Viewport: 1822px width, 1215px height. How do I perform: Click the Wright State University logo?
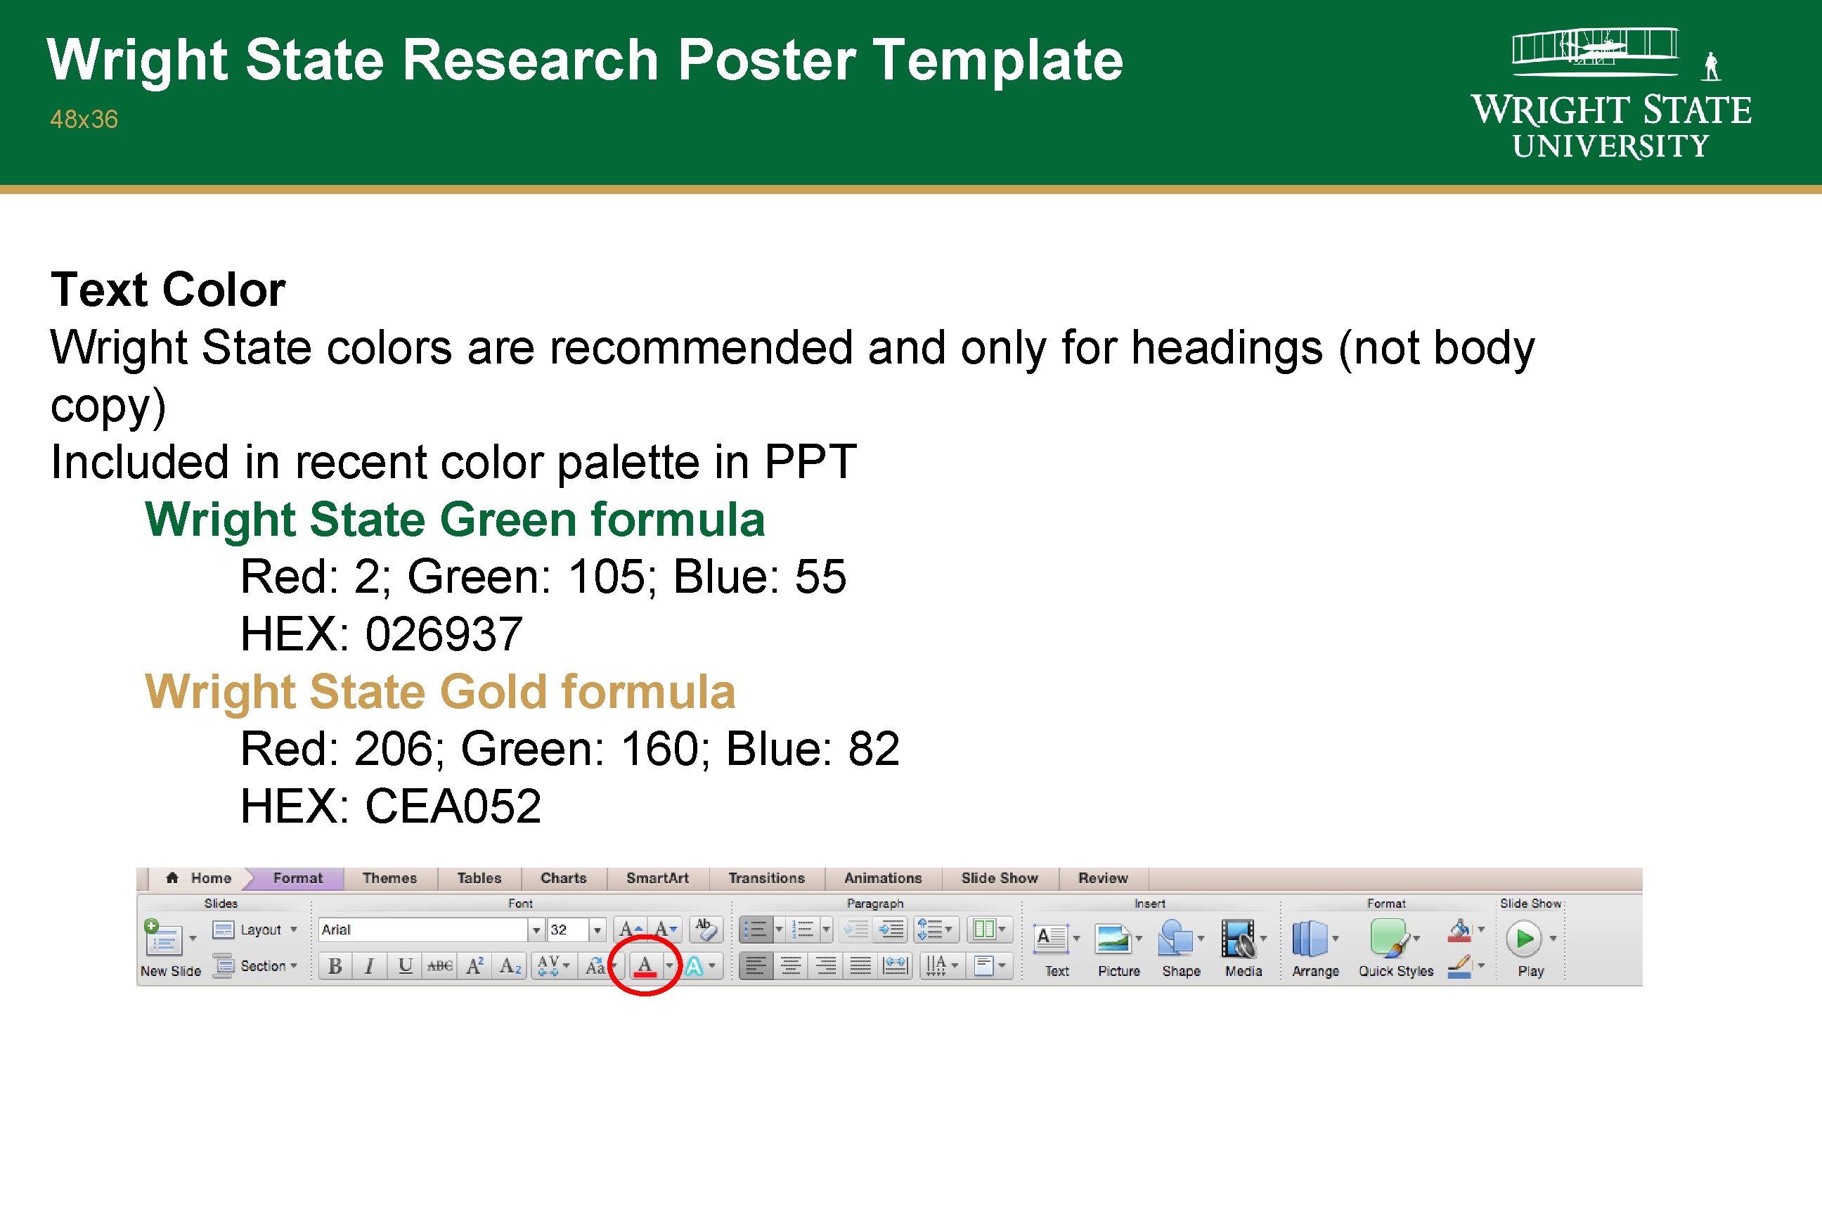[1611, 94]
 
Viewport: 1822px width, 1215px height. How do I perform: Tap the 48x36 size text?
[84, 120]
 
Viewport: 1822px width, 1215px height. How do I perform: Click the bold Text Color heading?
[168, 290]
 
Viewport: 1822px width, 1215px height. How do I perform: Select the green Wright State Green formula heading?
[455, 519]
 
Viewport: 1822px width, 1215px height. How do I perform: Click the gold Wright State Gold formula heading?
[439, 691]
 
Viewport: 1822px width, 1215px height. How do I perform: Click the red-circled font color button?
[645, 965]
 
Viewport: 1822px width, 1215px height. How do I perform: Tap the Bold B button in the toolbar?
[335, 966]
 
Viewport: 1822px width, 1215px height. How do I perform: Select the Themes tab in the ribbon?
[389, 878]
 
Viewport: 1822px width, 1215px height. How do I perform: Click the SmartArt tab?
[657, 878]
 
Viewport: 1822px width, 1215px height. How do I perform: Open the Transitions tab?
[766, 878]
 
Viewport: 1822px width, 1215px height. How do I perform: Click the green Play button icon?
[1524, 939]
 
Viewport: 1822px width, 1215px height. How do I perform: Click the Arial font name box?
[422, 929]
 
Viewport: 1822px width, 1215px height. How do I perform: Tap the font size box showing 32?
[567, 929]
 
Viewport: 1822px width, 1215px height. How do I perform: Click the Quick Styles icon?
[1388, 939]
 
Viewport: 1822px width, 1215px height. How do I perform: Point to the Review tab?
[1102, 878]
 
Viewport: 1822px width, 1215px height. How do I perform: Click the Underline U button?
[404, 966]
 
